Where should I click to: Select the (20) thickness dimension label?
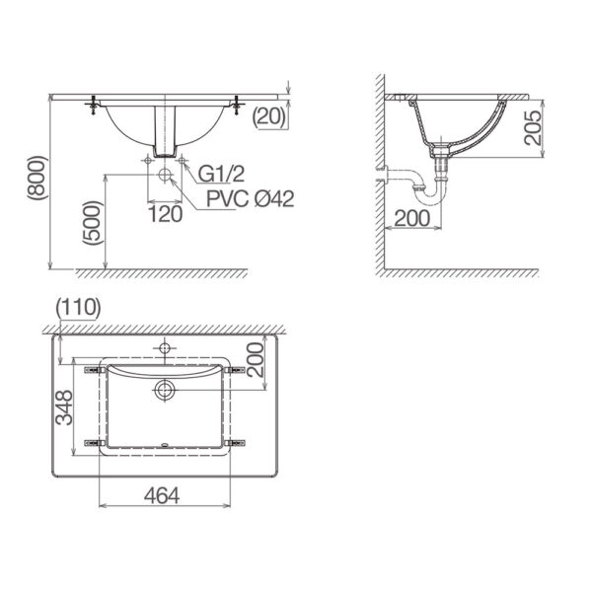[268, 116]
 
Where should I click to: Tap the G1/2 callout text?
[221, 175]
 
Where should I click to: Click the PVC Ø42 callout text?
[251, 198]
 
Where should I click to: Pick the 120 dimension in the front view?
[164, 212]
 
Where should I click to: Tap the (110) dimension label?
[79, 307]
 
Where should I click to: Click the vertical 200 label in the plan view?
[254, 360]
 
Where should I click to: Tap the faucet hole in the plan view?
[164, 348]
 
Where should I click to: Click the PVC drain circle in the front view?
[164, 177]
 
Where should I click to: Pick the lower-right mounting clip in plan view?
[236, 442]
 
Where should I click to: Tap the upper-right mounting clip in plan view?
[236, 370]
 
